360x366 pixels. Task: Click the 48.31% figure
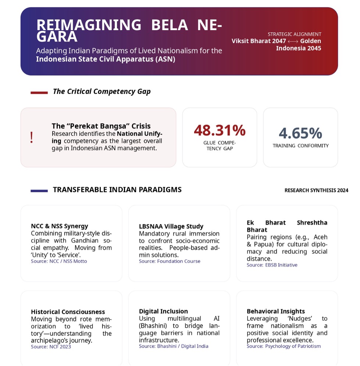(220, 130)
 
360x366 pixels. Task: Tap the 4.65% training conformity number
(300, 133)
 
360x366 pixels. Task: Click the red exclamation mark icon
(32, 137)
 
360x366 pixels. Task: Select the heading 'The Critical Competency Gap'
(101, 92)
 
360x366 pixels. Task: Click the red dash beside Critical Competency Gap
(39, 93)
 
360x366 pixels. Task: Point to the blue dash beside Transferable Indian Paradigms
(39, 191)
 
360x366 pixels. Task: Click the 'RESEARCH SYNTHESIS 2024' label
(316, 191)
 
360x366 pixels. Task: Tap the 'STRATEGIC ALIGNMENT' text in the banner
(294, 34)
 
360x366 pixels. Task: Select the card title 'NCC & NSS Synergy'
(60, 226)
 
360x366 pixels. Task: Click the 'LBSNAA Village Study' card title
(171, 227)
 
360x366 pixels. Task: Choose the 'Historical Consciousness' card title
(68, 312)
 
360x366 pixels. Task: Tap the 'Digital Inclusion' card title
(163, 311)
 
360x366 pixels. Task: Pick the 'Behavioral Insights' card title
(276, 311)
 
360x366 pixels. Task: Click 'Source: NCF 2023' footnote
(51, 347)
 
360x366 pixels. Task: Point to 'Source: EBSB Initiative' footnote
(272, 265)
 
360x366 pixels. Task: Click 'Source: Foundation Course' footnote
(170, 261)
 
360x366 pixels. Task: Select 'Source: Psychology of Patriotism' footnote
(284, 346)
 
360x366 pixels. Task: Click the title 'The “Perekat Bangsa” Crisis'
(101, 126)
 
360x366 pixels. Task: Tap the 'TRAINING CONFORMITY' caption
(300, 146)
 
